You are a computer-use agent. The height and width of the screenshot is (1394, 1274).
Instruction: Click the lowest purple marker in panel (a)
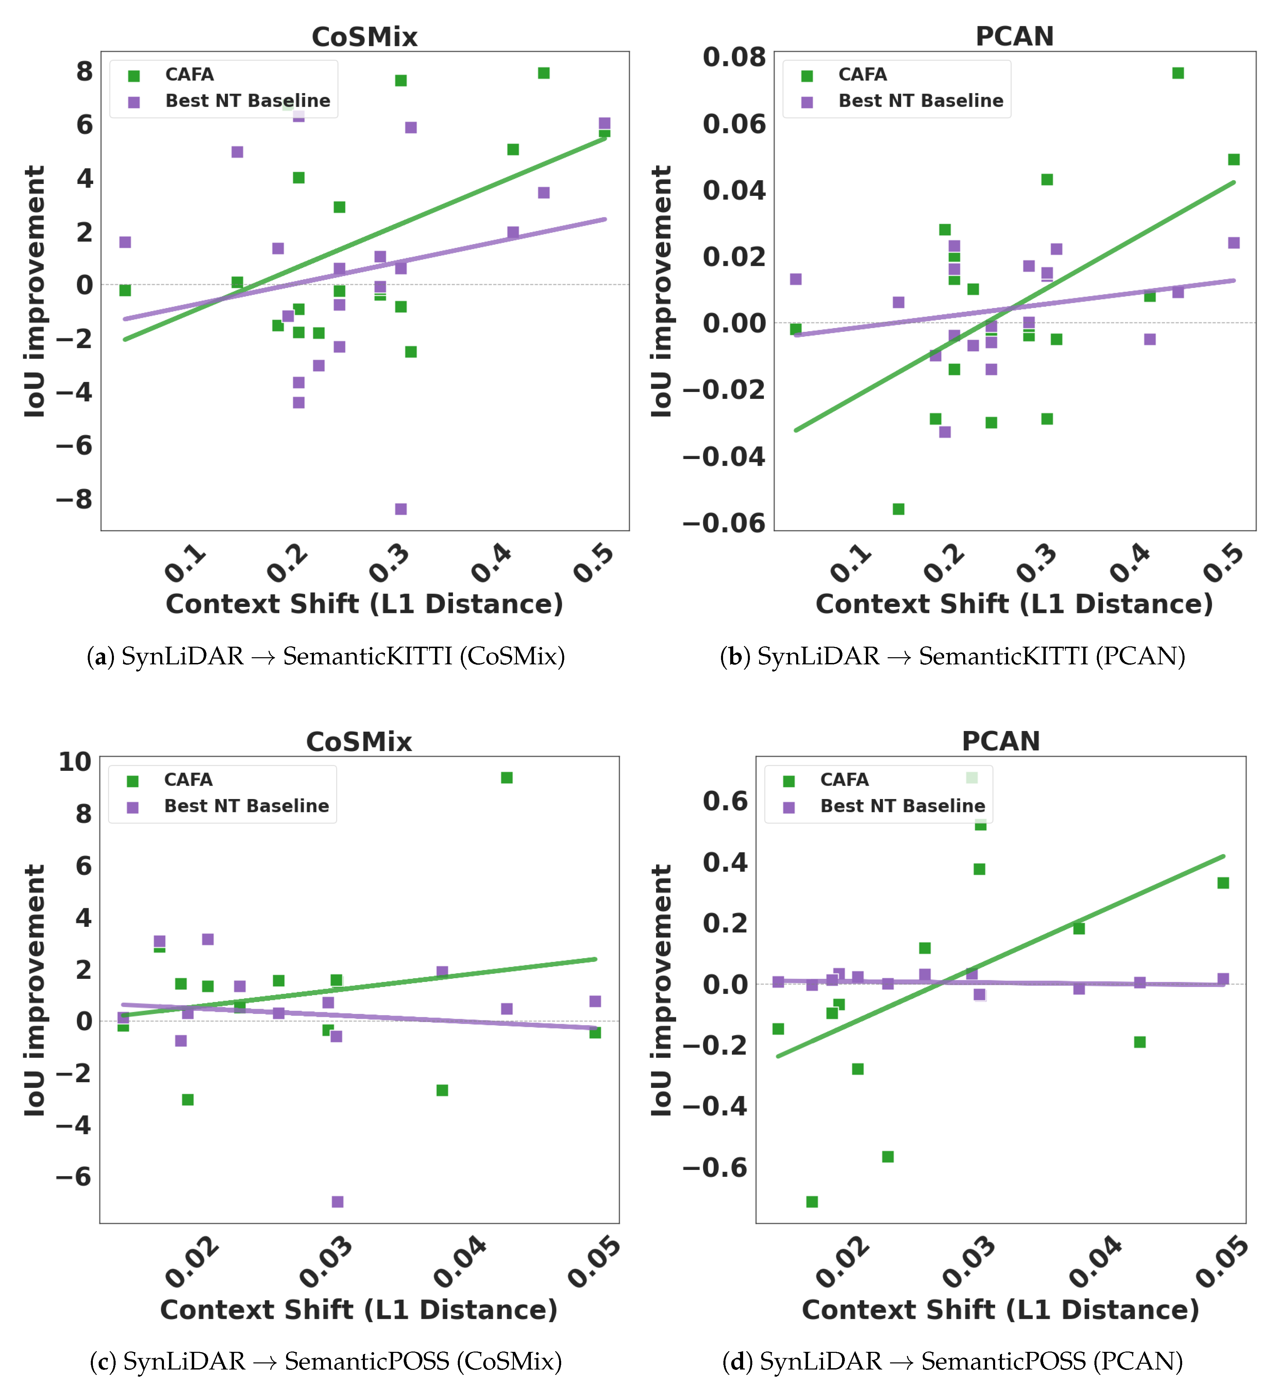pyautogui.click(x=400, y=509)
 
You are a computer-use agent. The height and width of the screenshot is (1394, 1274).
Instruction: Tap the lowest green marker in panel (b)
pyautogui.click(x=899, y=509)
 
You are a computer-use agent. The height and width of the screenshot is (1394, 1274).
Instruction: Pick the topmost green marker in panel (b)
pyautogui.click(x=1178, y=73)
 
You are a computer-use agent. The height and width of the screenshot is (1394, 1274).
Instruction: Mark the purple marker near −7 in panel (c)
pyautogui.click(x=337, y=1202)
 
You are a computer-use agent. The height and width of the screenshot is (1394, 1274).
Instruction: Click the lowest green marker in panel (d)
pyautogui.click(x=812, y=1202)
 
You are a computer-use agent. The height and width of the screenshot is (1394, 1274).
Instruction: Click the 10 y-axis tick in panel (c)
pyautogui.click(x=75, y=762)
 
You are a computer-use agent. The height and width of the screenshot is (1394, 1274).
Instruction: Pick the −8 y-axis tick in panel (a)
pyautogui.click(x=75, y=499)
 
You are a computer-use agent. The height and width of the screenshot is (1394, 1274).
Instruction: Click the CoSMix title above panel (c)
pyautogui.click(x=359, y=742)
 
